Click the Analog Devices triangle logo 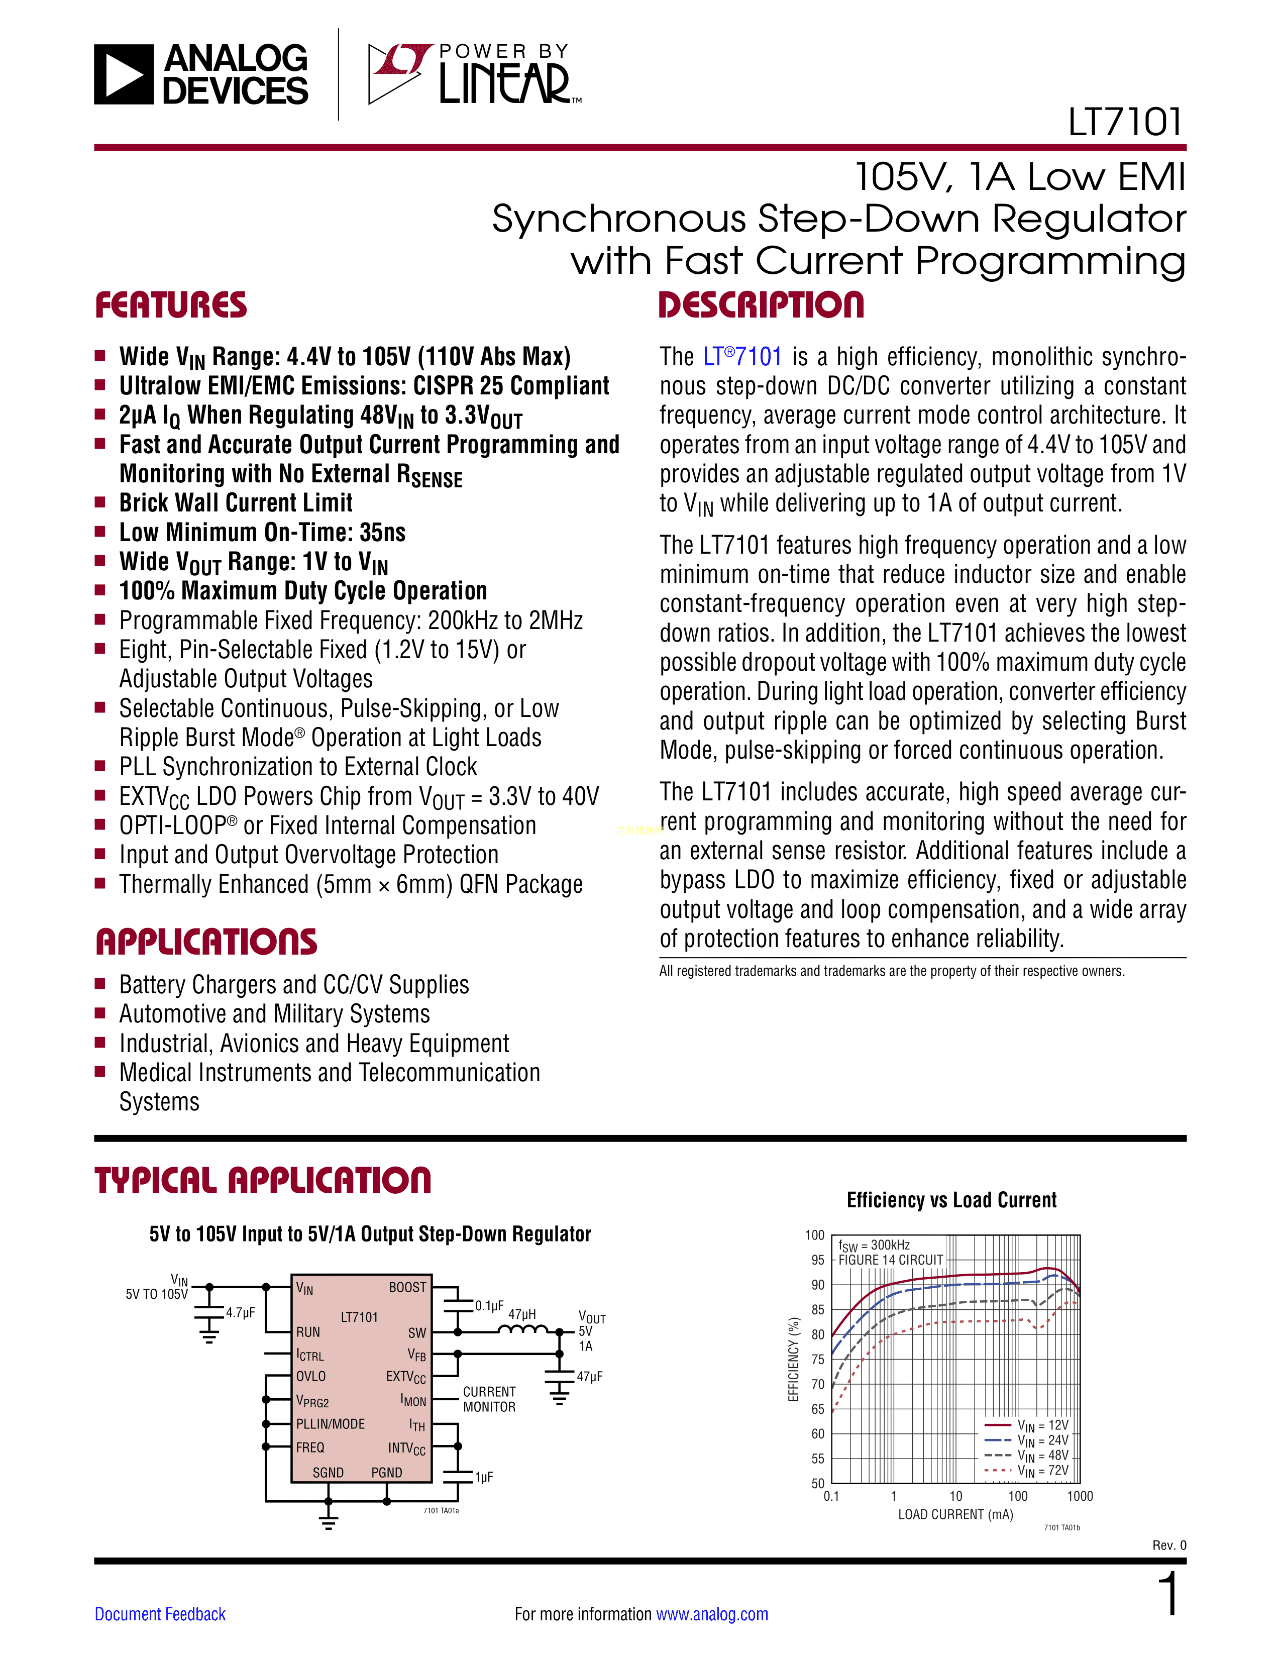click(124, 74)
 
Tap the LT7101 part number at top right click(1125, 122)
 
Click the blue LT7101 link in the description click(741, 357)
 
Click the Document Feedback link click(160, 1614)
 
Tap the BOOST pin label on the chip click(407, 1288)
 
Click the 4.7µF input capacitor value click(240, 1312)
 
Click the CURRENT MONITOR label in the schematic click(489, 1399)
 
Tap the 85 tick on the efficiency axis click(817, 1309)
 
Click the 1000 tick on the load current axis click(1079, 1496)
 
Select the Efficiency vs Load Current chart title click(951, 1200)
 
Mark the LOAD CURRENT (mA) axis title click(955, 1514)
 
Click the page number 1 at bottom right click(1169, 1594)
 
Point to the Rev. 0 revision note click(1168, 1545)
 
